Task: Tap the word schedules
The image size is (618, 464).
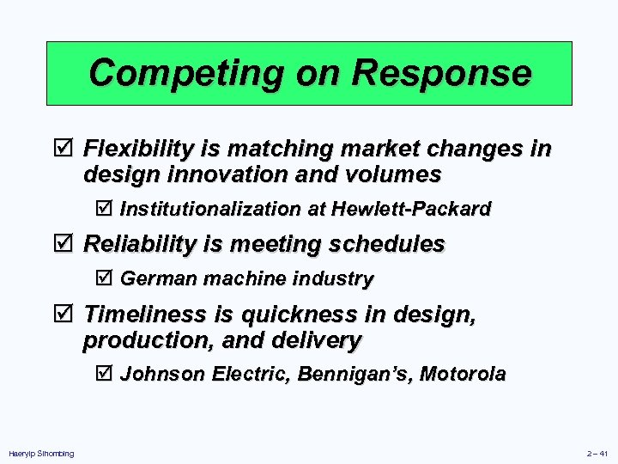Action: click(391, 244)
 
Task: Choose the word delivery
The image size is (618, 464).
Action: click(319, 340)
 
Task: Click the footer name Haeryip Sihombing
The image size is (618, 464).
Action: click(40, 454)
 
